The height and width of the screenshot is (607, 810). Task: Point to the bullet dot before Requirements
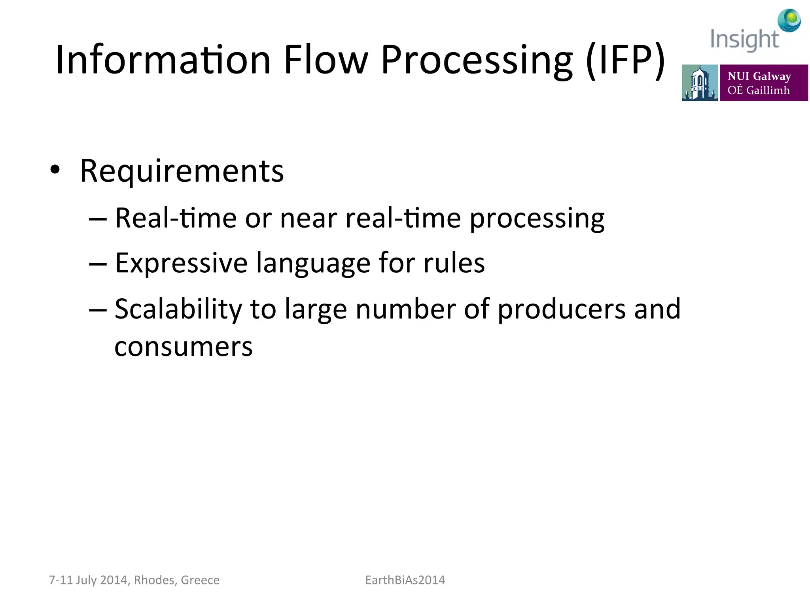click(55, 170)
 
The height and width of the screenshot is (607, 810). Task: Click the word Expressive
click(181, 263)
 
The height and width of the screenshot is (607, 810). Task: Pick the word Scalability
click(178, 309)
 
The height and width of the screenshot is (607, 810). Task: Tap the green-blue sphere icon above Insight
click(789, 20)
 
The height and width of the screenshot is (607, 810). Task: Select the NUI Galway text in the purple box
click(759, 76)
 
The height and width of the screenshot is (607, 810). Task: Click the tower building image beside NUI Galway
click(700, 83)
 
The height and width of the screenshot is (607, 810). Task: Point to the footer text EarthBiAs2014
click(405, 580)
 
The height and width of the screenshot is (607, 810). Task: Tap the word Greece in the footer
click(200, 580)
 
